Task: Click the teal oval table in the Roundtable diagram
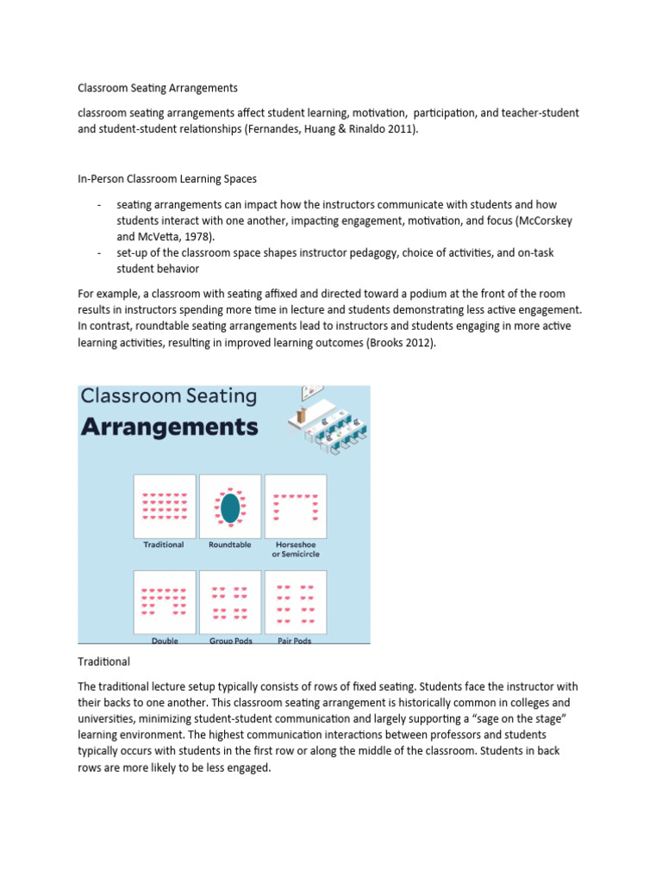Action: pos(229,507)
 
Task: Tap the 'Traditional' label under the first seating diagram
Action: pos(163,544)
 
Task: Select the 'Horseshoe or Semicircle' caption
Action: pos(295,549)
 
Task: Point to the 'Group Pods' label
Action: pos(229,641)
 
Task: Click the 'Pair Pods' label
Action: pos(295,641)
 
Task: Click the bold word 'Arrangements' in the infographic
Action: pos(169,426)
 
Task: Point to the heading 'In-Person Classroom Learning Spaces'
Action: pos(167,179)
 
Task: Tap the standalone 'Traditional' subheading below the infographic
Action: pos(103,661)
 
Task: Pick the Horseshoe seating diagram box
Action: pos(295,506)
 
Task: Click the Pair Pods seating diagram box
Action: pos(295,602)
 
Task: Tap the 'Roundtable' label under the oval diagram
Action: pos(229,544)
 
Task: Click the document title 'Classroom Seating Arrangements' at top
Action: pos(157,88)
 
